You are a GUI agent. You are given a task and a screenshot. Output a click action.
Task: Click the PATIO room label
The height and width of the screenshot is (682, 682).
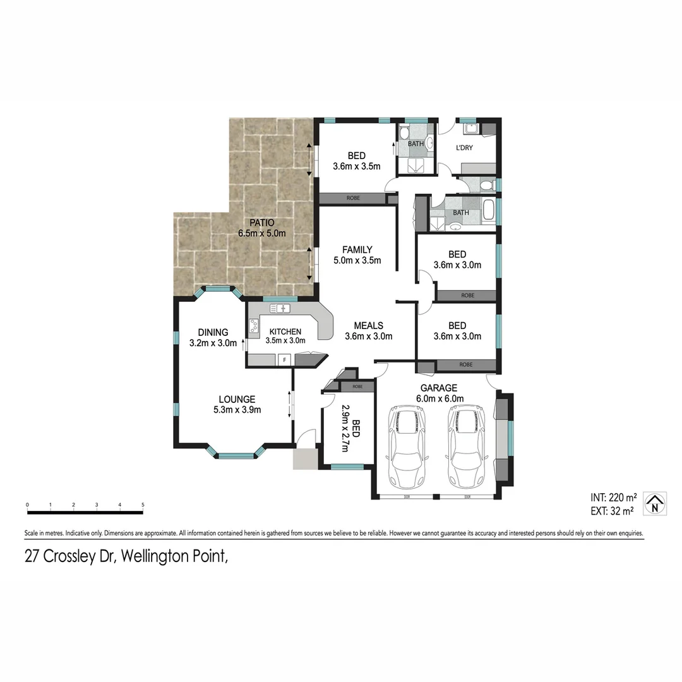[x=261, y=222]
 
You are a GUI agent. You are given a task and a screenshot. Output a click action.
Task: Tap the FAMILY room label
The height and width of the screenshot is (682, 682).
[x=357, y=249]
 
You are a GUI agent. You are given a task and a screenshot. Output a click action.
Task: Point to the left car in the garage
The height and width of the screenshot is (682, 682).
[x=407, y=448]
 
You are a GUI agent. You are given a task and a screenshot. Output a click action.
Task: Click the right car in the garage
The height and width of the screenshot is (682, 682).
[x=467, y=448]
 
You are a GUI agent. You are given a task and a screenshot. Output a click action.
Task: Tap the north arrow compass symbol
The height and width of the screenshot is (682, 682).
[x=655, y=503]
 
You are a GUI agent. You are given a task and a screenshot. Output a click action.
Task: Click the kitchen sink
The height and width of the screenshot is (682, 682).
[x=280, y=308]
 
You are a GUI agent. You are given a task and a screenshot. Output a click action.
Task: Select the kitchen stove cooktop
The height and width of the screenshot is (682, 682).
[x=254, y=326]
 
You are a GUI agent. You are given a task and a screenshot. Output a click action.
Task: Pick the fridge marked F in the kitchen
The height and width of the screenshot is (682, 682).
[x=285, y=360]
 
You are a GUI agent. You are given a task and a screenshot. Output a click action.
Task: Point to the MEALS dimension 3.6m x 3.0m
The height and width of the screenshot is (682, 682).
[x=368, y=336]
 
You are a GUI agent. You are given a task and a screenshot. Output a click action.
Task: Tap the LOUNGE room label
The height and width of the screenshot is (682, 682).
[x=237, y=399]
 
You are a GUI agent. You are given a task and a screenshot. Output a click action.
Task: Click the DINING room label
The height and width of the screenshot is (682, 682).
[x=213, y=333]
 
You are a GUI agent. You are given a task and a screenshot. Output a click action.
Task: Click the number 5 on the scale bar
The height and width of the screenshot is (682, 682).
[x=143, y=505]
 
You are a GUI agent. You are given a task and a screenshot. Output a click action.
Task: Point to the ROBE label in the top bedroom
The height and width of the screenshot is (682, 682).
[x=353, y=198]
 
